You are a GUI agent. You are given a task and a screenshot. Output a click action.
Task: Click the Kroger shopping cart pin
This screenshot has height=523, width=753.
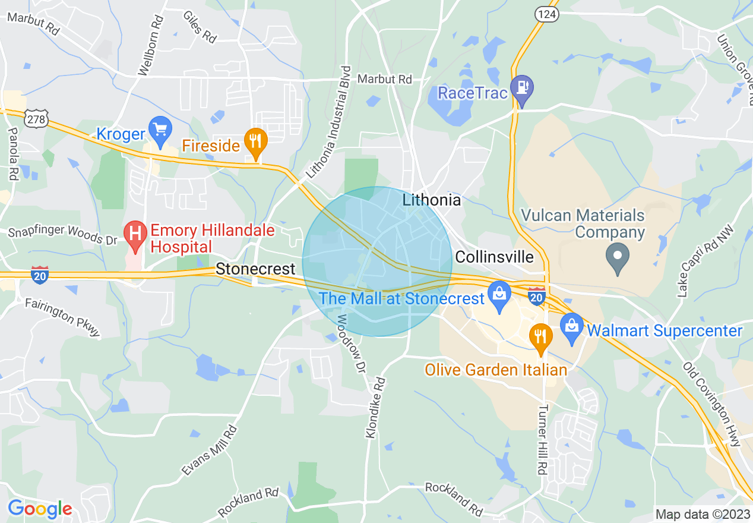160,129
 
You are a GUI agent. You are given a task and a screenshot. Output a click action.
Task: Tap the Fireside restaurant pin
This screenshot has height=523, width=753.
256,141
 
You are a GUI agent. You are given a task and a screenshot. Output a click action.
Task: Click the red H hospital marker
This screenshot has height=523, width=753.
135,233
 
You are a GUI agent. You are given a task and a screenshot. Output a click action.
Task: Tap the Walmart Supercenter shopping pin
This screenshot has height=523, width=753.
572,326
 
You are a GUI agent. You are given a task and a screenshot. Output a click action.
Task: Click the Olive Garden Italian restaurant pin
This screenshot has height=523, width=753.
541,336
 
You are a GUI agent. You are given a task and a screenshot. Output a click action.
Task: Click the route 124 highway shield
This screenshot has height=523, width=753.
545,14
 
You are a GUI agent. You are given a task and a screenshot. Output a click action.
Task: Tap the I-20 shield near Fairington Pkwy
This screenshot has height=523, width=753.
40,275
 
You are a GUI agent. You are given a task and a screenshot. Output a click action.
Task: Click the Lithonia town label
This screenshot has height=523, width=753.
431,200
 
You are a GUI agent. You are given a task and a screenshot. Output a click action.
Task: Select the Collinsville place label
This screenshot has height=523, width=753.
494,257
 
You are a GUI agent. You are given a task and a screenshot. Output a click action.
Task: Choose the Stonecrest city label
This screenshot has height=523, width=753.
255,269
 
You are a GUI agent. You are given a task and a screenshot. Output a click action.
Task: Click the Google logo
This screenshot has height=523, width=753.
40,509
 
